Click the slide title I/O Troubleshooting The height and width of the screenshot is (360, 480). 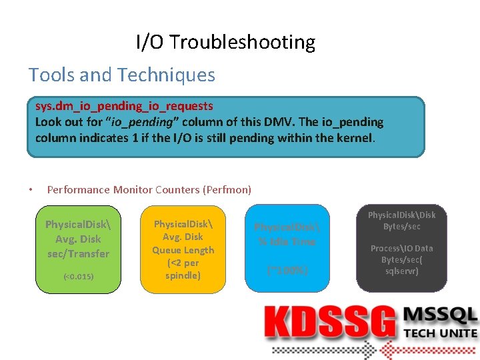coord(225,42)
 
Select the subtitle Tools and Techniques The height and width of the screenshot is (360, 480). coord(122,75)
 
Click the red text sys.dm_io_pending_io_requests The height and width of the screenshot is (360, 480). coord(124,106)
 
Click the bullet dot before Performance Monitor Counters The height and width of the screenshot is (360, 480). coord(31,190)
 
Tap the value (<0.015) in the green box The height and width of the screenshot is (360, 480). coord(78,276)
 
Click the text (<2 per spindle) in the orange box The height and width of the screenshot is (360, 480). coord(183,269)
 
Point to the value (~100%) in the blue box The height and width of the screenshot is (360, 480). coord(287,271)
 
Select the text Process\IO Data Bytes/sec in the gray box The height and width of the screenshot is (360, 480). coord(401,253)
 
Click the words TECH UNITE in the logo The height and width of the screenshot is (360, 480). coord(441,333)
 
